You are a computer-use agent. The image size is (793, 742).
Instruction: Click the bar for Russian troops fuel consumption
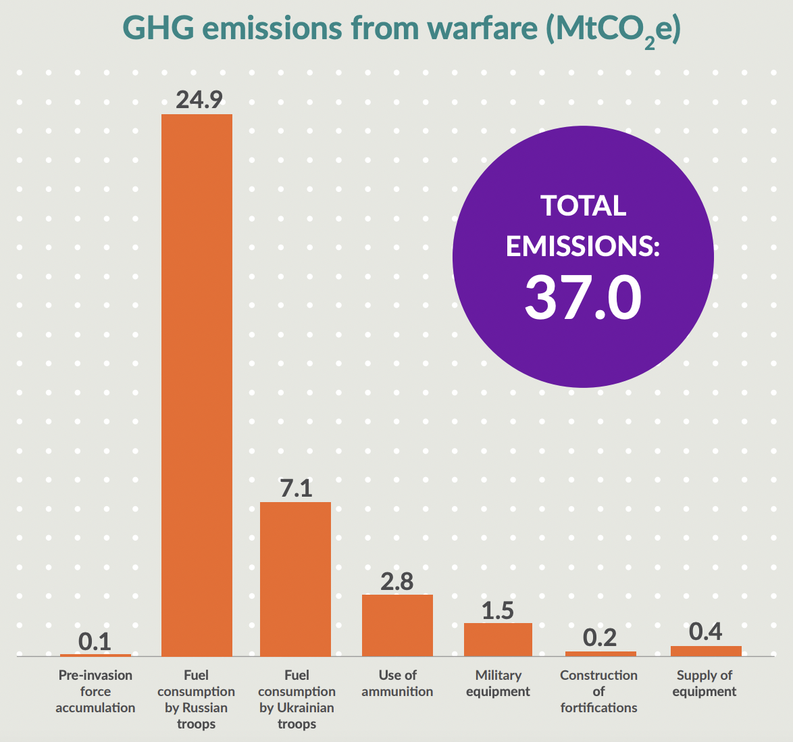tap(197, 385)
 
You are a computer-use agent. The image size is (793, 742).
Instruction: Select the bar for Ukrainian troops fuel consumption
tap(295, 579)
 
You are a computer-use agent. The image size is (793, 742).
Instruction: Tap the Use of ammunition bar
tap(397, 625)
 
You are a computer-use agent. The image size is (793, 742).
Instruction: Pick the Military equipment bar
tap(498, 639)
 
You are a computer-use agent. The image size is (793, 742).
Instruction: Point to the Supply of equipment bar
tap(706, 651)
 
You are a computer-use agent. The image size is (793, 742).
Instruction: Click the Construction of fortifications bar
tap(600, 653)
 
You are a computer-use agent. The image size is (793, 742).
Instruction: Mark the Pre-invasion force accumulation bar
tap(95, 655)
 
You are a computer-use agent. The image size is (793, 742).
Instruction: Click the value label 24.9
tap(199, 100)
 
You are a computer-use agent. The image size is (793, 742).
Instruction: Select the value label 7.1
tap(296, 489)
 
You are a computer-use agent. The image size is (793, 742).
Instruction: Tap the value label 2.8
tap(397, 582)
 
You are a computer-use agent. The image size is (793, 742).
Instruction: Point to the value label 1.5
tap(498, 611)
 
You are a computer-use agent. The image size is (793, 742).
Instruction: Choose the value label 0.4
tap(706, 633)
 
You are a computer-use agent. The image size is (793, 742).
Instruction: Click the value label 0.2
tap(600, 638)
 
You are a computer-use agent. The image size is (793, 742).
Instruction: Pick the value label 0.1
tap(95, 641)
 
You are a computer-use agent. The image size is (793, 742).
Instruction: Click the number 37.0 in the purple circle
tap(583, 298)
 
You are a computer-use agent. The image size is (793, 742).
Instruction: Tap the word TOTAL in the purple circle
tap(584, 206)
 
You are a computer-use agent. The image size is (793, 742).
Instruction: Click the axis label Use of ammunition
tap(397, 683)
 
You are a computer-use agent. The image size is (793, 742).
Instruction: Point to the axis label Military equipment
tap(498, 683)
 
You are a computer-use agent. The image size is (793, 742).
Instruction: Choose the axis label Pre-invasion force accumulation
tap(95, 691)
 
